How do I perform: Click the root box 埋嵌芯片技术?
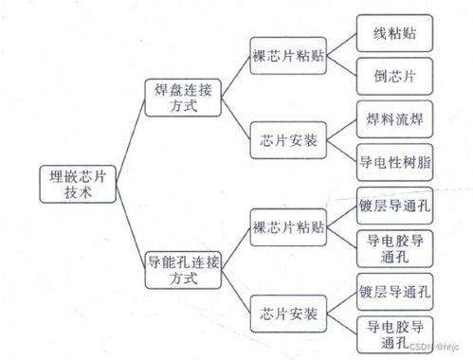point(80,182)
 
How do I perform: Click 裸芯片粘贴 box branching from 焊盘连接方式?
point(289,55)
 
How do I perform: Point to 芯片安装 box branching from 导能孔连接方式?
point(289,312)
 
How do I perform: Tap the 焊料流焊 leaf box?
point(391,120)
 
